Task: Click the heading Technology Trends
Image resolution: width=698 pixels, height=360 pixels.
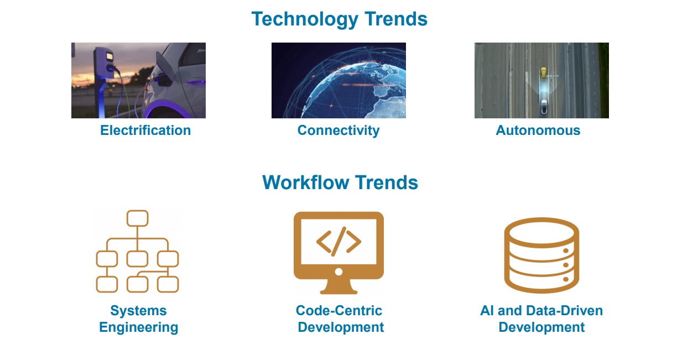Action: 340,19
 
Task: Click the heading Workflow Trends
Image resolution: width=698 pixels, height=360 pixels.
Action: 340,182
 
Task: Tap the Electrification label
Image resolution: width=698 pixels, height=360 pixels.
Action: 145,131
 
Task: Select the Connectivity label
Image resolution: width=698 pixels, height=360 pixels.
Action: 338,131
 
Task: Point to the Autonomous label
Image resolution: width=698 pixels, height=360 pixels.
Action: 538,131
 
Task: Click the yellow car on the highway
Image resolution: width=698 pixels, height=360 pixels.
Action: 544,74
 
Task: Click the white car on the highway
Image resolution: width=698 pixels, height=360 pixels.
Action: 544,106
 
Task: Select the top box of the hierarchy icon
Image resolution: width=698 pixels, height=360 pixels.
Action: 137,218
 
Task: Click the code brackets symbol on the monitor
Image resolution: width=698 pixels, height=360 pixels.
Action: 338,242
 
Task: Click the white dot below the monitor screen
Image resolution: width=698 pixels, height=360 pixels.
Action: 338,272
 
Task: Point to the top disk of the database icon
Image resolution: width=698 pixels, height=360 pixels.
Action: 541,232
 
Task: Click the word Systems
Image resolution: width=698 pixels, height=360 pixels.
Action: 138,311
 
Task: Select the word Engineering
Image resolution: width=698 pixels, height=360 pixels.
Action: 139,327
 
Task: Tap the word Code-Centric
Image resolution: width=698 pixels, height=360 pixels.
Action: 338,310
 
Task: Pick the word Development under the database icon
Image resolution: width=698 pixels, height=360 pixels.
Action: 541,327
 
